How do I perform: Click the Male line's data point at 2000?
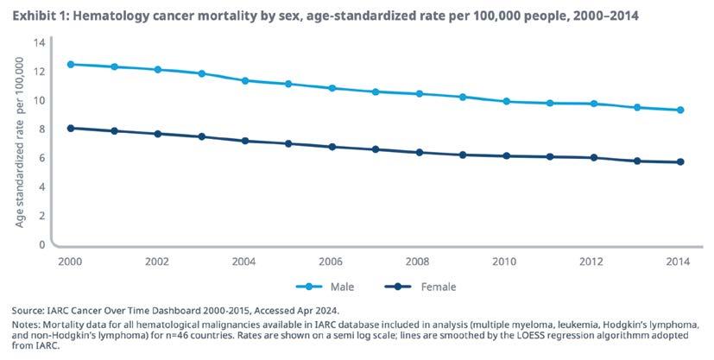pyautogui.click(x=69, y=65)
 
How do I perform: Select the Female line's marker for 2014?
pyautogui.click(x=680, y=161)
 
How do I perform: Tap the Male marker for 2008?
pyautogui.click(x=419, y=93)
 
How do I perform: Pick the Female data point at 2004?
pyautogui.click(x=244, y=141)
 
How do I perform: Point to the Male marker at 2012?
pyautogui.click(x=593, y=104)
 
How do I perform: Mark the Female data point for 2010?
pyautogui.click(x=506, y=155)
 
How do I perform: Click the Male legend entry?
pyautogui.click(x=320, y=286)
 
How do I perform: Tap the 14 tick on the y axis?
pyautogui.click(x=38, y=42)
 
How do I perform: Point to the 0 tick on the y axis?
pyautogui.click(x=41, y=244)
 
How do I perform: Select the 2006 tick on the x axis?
pyautogui.click(x=332, y=262)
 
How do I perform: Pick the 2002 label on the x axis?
pyautogui.click(x=157, y=262)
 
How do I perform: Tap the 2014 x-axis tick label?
pyautogui.click(x=680, y=262)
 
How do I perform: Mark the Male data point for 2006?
pyautogui.click(x=332, y=88)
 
